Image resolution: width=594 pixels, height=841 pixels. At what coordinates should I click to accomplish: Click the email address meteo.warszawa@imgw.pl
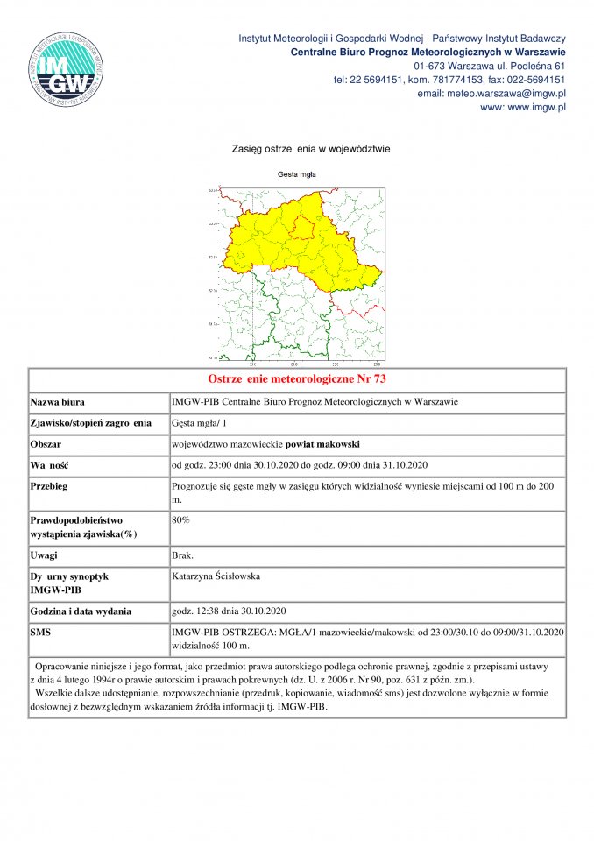pyautogui.click(x=491, y=93)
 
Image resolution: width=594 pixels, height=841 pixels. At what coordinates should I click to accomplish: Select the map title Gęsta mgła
pyautogui.click(x=296, y=174)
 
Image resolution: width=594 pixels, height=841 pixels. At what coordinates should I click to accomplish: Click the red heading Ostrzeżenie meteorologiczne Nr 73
pyautogui.click(x=297, y=379)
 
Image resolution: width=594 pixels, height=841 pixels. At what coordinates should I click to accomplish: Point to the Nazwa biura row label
pyautogui.click(x=58, y=402)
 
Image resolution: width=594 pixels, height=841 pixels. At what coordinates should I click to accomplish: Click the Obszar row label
pyautogui.click(x=48, y=443)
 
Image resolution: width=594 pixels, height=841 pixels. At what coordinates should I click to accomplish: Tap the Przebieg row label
pyautogui.click(x=50, y=485)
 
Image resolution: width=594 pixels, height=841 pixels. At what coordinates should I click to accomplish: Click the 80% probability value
pyautogui.click(x=181, y=519)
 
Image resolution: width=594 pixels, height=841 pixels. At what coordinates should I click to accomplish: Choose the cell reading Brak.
pyautogui.click(x=184, y=555)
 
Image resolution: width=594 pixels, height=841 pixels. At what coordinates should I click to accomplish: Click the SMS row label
pyautogui.click(x=41, y=632)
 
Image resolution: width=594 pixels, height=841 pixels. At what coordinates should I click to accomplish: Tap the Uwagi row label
pyautogui.click(x=46, y=555)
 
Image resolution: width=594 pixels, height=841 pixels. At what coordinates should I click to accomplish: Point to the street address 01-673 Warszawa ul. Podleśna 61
pyautogui.click(x=489, y=66)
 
